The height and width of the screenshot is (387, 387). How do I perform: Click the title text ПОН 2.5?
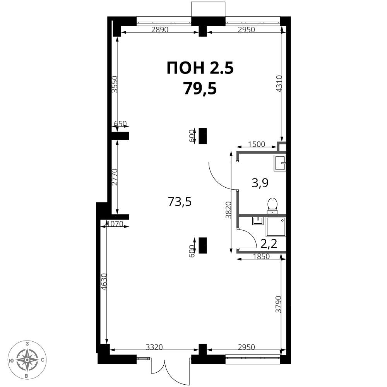coord(200,68)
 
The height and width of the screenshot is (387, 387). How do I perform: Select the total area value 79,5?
coord(200,89)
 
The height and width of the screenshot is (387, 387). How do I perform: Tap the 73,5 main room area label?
coord(180,202)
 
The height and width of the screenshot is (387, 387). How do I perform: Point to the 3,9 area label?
coord(260,183)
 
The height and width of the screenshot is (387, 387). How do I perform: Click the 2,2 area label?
coord(269,244)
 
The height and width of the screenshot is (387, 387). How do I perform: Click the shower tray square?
coord(276,227)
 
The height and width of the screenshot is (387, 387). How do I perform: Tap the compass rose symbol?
coord(27,360)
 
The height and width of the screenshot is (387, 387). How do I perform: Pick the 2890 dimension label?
coord(160,30)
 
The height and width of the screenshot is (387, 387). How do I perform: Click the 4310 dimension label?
coord(279,84)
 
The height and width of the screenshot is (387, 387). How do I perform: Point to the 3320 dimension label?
coord(154,347)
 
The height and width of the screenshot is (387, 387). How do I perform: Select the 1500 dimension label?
coord(257,144)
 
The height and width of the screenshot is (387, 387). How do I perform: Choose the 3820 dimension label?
coord(229,210)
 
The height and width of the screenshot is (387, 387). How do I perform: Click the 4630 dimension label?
coord(104,282)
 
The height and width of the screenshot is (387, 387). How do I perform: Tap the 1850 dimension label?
coord(261,257)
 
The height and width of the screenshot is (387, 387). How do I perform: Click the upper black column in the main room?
coord(203,136)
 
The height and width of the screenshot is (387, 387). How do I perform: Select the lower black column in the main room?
coord(203,245)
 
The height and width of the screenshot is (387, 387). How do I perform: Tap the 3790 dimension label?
coord(278,304)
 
